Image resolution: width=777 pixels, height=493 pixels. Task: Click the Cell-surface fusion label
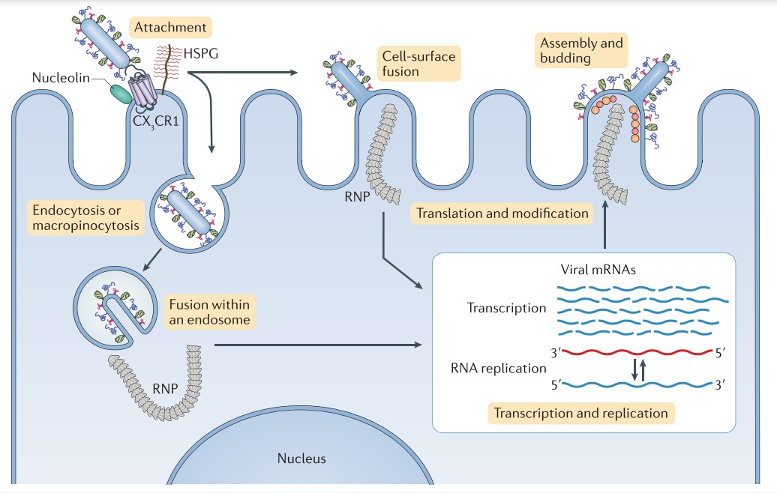(x=417, y=64)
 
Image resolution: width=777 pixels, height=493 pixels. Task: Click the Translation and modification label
(x=502, y=214)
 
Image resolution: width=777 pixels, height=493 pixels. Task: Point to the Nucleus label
(x=301, y=459)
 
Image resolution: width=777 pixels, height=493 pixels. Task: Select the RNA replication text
(x=498, y=368)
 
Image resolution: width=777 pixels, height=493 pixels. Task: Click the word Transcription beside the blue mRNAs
(x=506, y=308)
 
